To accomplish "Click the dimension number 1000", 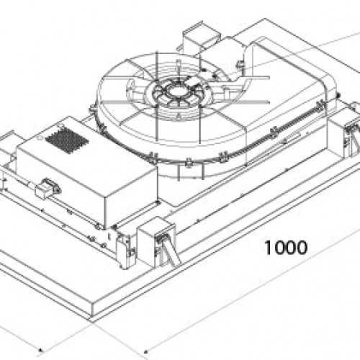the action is [x=286, y=248].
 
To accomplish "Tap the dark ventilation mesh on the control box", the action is [x=67, y=141].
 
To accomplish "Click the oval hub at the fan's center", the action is [x=179, y=91].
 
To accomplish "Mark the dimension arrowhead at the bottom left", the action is [x=40, y=349].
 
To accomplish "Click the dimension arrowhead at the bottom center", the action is [x=145, y=352].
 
